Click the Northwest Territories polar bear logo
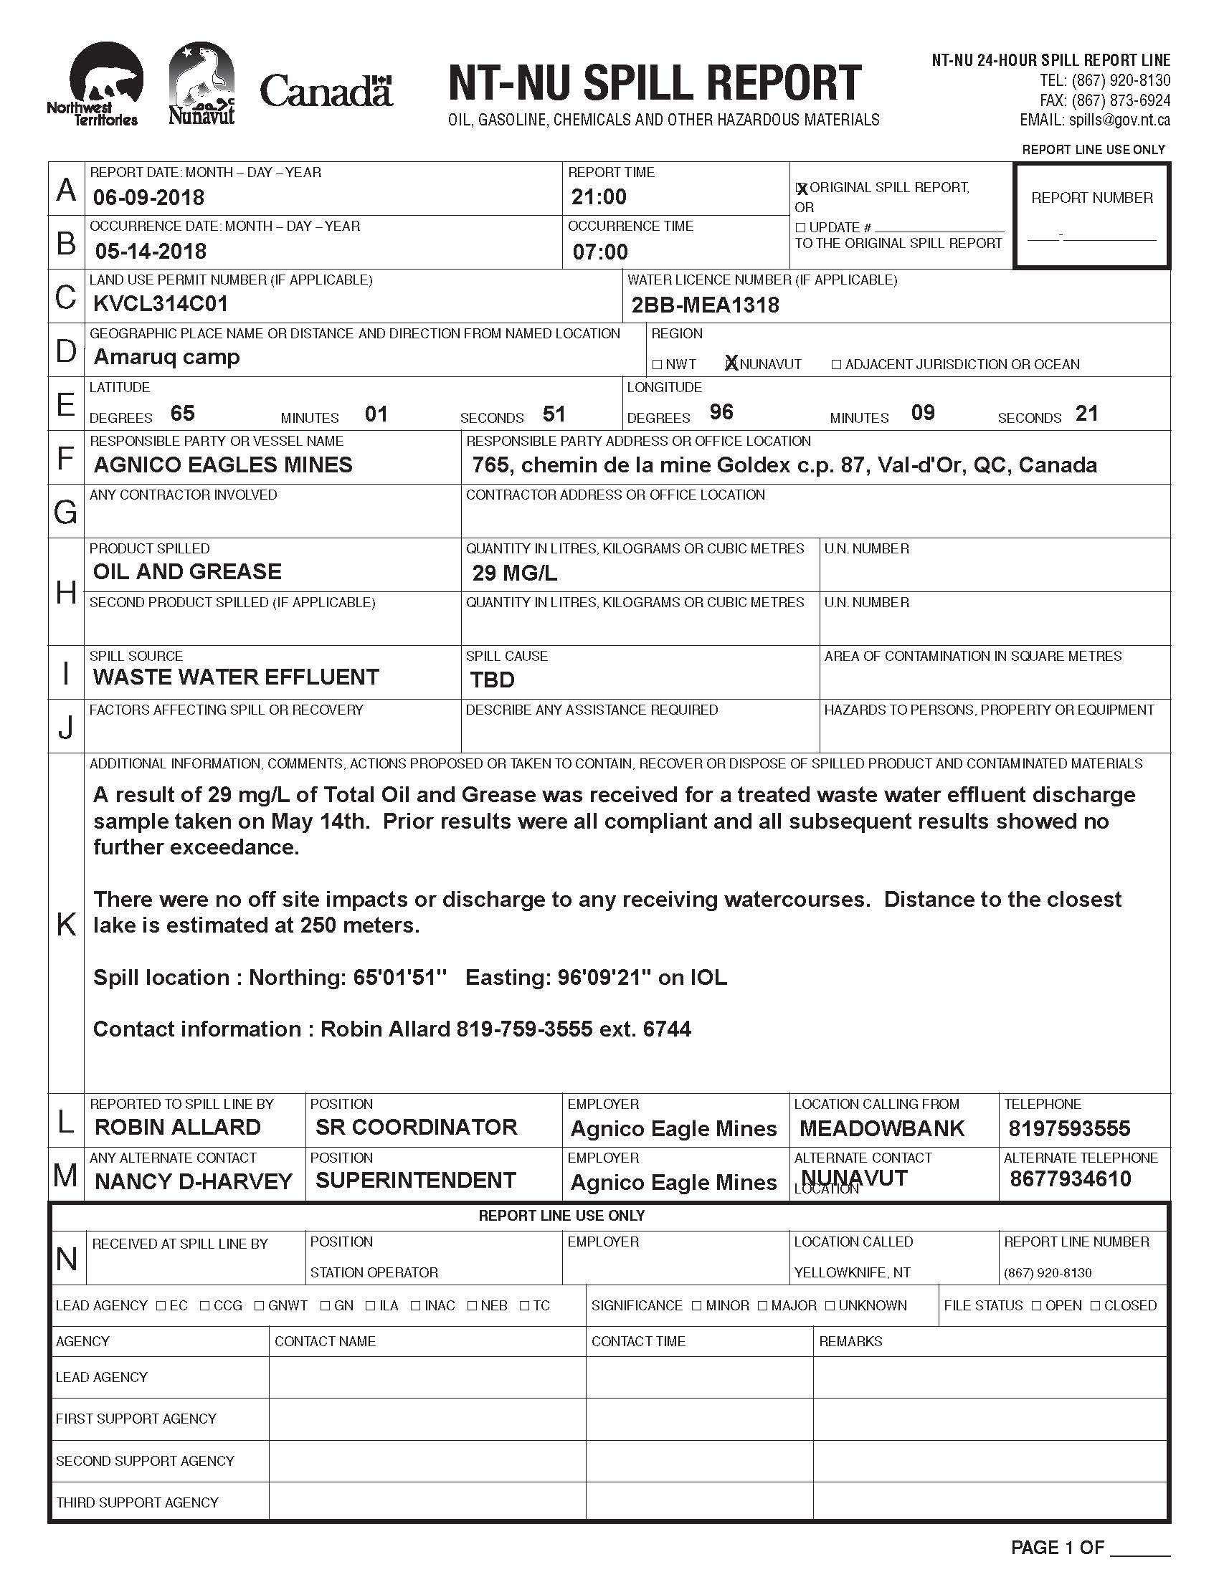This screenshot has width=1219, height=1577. click(101, 83)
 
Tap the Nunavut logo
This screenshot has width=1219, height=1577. click(201, 83)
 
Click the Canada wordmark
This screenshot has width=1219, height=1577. click(326, 91)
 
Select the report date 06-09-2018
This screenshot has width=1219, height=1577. click(148, 197)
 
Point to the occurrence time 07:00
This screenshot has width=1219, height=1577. click(600, 252)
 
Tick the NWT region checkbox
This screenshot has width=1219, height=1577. click(657, 365)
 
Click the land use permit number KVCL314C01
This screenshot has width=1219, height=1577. click(161, 304)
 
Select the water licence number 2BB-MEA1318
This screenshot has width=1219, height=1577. click(705, 305)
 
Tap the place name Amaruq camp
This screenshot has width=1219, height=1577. click(167, 357)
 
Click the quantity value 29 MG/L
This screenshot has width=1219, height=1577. click(514, 573)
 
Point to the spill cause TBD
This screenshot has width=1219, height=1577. click(492, 680)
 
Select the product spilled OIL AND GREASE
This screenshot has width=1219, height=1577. click(187, 572)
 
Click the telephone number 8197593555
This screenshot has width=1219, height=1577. click(1069, 1128)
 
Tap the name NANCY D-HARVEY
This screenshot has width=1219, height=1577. click(194, 1182)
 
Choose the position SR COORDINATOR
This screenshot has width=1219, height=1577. click(416, 1127)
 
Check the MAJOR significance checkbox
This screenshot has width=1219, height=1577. click(764, 1305)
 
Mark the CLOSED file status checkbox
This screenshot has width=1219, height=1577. click(1096, 1305)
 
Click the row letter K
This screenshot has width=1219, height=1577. click(66, 923)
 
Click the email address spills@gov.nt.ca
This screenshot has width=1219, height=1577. click(1119, 120)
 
